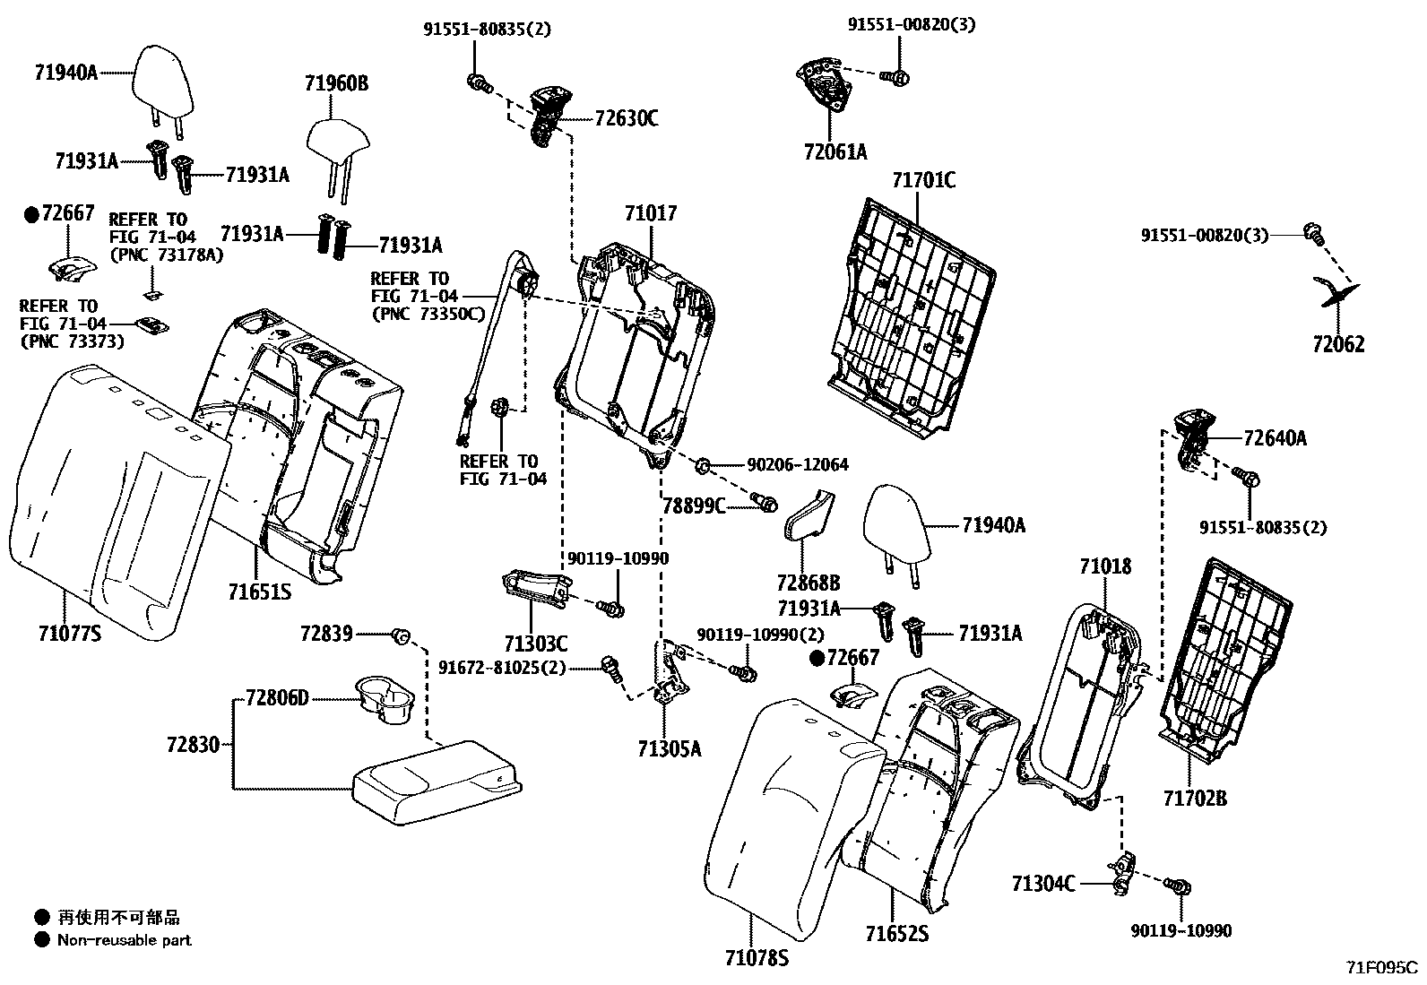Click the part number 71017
coord(651,213)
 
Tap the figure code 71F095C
coord(1381,968)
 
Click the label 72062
coord(1338,344)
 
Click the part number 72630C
coord(626,118)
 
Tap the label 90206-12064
coord(798,465)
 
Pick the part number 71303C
coord(536,644)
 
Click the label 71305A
coord(670,748)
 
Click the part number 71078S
coord(757,959)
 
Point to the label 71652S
coord(896,934)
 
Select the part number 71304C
coord(1042,884)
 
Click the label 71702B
coord(1195,798)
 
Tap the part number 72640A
coord(1275,438)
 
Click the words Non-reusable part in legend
coord(124,940)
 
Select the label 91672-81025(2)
coord(502,668)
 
